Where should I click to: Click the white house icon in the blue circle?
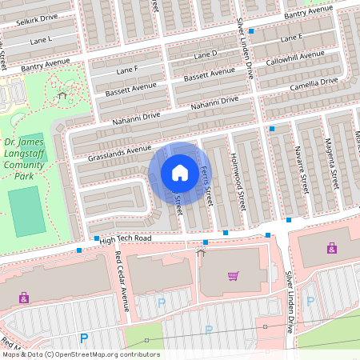point(180,173)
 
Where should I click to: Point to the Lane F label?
point(127,70)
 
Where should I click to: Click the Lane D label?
point(206,54)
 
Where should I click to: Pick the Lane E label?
point(291,38)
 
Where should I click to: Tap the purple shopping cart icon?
point(233,276)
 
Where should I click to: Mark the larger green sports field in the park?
point(27,211)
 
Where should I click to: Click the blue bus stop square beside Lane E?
point(251,31)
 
